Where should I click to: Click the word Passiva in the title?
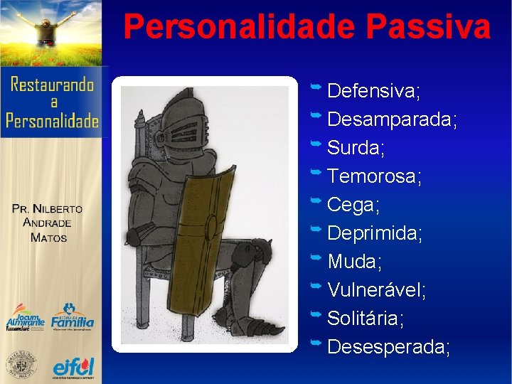coord(428,28)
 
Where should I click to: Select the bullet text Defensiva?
coord(373,91)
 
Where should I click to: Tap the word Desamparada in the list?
coord(392,119)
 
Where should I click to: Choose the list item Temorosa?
coord(374,176)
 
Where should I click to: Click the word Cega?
coord(353,205)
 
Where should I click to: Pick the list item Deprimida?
coord(375,233)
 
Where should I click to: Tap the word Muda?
coord(354,262)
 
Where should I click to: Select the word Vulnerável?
coord(377,290)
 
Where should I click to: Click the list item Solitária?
coord(366,319)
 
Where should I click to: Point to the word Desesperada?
coord(388,347)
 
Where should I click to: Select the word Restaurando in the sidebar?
coord(52,85)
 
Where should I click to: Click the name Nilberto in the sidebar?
coord(58,209)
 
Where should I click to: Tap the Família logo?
coord(73,317)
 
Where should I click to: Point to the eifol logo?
coord(73,367)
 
